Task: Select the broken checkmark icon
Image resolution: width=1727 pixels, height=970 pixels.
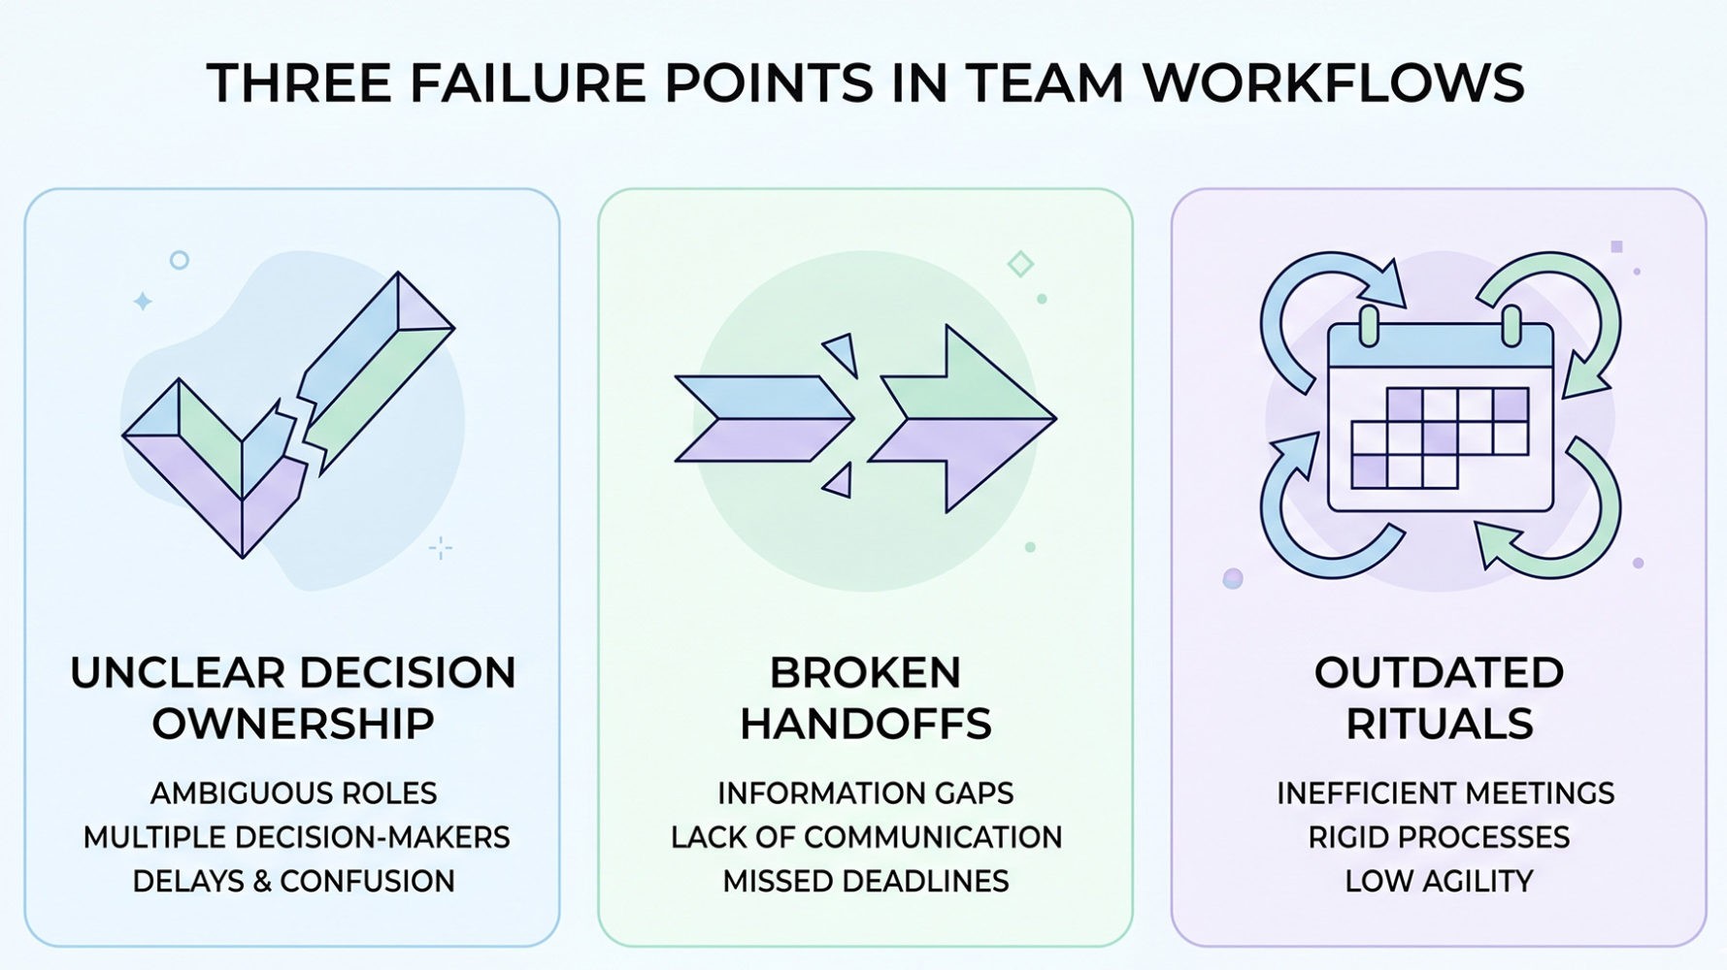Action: (x=287, y=417)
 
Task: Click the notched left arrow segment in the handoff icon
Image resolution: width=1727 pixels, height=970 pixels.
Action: (x=763, y=419)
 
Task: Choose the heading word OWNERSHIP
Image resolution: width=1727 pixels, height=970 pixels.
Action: (x=293, y=724)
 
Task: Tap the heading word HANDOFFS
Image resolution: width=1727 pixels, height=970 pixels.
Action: (x=865, y=724)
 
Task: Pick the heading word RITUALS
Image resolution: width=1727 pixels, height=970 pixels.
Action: (x=1439, y=724)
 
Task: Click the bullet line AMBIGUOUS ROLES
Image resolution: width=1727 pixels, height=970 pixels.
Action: (x=293, y=793)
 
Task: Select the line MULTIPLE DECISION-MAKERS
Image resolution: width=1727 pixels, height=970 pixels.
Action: (x=296, y=837)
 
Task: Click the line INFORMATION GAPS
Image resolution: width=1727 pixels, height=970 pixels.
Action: (x=865, y=793)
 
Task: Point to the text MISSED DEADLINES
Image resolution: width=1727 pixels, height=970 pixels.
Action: (x=865, y=881)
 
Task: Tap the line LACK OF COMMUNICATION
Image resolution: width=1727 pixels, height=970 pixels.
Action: (x=865, y=837)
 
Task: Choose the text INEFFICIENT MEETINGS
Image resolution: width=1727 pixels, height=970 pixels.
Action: (x=1445, y=793)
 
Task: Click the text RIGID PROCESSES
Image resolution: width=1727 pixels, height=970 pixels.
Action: (x=1439, y=837)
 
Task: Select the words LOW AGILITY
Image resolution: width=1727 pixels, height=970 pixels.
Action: (x=1439, y=881)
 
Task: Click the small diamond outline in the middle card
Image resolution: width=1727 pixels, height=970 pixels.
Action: (x=1020, y=263)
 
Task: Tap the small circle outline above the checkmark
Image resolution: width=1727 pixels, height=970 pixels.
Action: (x=179, y=260)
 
